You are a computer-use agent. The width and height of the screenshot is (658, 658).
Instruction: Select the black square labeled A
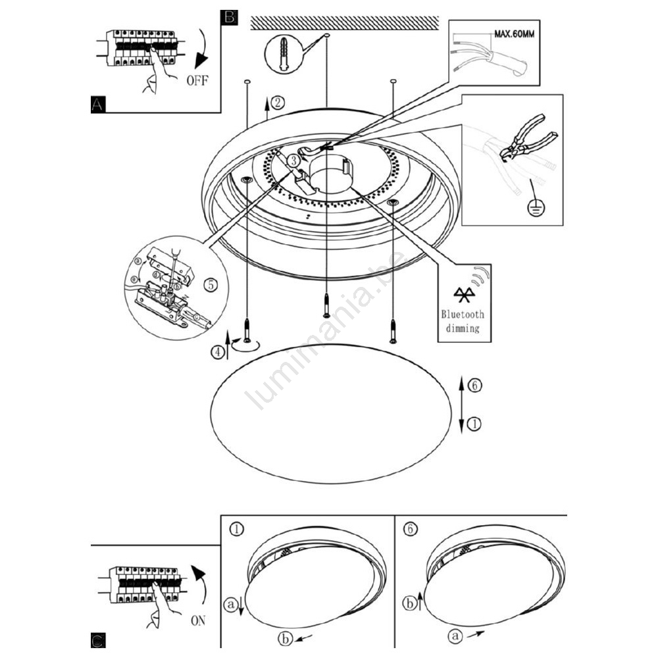tap(98, 104)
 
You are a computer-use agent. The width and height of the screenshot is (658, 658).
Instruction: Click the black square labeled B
tap(229, 17)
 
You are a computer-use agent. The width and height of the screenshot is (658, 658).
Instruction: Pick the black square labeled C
tap(97, 640)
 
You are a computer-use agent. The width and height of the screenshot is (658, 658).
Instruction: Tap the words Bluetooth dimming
tap(463, 321)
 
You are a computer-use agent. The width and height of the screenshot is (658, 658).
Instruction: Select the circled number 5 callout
tap(210, 286)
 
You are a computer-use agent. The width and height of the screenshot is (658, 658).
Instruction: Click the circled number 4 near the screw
tap(217, 351)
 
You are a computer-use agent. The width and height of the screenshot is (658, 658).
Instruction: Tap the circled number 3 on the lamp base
tap(294, 159)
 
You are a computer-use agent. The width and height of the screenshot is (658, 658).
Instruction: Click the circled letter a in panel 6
tap(455, 636)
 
